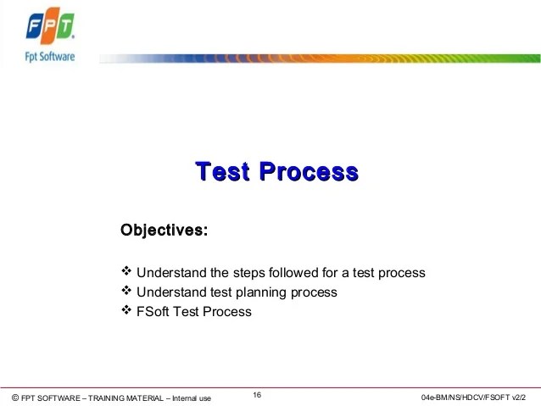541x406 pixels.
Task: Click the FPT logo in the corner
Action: coord(50,28)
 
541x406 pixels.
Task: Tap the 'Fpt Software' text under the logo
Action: coord(50,57)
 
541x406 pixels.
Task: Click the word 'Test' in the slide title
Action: coord(222,172)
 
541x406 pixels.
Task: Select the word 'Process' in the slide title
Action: coord(308,172)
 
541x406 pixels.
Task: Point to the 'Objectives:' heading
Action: coord(164,230)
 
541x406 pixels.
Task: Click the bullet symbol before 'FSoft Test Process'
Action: coord(126,310)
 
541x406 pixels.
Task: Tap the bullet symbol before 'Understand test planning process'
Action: coord(126,291)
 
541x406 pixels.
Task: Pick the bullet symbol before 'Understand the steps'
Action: coord(126,271)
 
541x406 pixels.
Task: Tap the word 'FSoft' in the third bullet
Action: coord(153,311)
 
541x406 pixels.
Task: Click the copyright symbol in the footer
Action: coord(14,398)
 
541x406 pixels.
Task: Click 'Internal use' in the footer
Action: coord(192,398)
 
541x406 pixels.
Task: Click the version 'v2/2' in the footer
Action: coord(528,398)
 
